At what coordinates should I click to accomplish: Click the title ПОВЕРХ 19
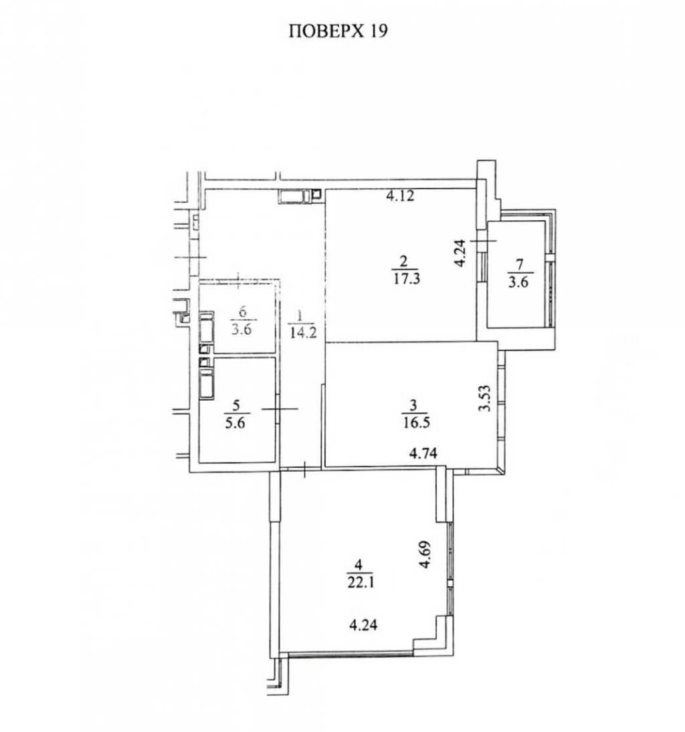pyautogui.click(x=338, y=31)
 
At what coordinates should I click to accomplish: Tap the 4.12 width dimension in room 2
pyautogui.click(x=400, y=195)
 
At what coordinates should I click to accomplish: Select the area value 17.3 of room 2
pyautogui.click(x=406, y=279)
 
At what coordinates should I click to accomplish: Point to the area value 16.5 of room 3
pyautogui.click(x=416, y=422)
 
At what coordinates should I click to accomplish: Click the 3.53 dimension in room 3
pyautogui.click(x=485, y=397)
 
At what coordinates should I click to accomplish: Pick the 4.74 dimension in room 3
pyautogui.click(x=423, y=453)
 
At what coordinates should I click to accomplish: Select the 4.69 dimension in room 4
pyautogui.click(x=425, y=555)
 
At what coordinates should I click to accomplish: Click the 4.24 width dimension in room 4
pyautogui.click(x=363, y=624)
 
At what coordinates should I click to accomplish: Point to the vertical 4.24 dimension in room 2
pyautogui.click(x=460, y=252)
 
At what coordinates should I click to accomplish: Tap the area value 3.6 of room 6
pyautogui.click(x=241, y=329)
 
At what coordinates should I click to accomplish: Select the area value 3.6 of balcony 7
pyautogui.click(x=518, y=282)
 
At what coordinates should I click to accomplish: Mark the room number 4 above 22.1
pyautogui.click(x=359, y=565)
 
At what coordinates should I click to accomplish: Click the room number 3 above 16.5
pyautogui.click(x=415, y=405)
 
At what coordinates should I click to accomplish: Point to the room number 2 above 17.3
pyautogui.click(x=405, y=261)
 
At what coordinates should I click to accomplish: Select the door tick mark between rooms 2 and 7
pyautogui.click(x=484, y=241)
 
